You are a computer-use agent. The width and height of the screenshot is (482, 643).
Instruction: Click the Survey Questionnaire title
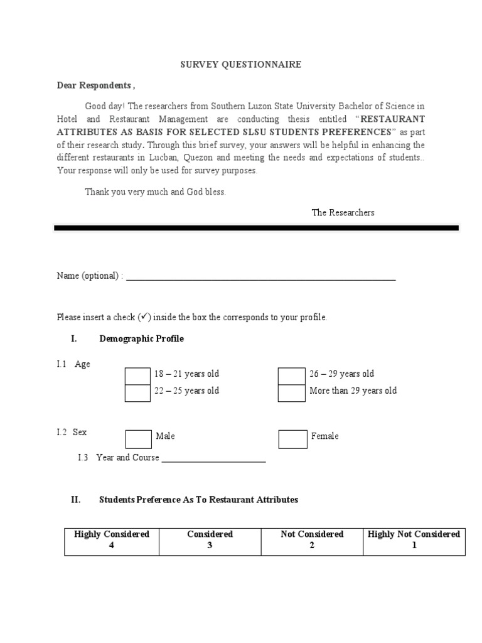coord(241,65)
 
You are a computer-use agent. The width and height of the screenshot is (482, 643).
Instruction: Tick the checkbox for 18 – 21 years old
coord(137,376)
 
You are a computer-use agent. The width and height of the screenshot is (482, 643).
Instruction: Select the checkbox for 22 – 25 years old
coord(137,393)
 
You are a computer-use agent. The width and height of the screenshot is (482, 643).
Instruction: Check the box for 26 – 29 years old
coord(292,376)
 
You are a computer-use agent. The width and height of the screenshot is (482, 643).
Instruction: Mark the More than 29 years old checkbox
coord(292,393)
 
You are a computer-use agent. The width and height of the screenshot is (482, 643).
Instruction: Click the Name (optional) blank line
coord(260,278)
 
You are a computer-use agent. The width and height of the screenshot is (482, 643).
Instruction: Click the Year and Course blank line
coord(213,459)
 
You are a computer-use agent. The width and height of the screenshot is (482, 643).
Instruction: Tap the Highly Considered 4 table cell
coord(112,540)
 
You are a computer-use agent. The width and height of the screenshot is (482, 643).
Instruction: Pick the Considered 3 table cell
coord(210,540)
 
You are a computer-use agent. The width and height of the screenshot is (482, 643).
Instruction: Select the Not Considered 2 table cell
coord(312,540)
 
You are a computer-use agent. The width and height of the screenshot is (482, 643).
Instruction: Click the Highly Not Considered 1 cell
coord(414,540)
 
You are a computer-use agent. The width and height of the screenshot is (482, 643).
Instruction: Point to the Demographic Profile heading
coord(141,339)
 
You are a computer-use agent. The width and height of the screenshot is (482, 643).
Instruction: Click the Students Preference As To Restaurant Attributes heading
coord(198,500)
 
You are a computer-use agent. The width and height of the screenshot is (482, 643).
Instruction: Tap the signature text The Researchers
coord(343,213)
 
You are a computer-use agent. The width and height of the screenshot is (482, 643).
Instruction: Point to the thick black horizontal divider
coord(256,229)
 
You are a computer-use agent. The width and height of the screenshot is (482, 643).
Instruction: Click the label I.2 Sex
coord(72,433)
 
